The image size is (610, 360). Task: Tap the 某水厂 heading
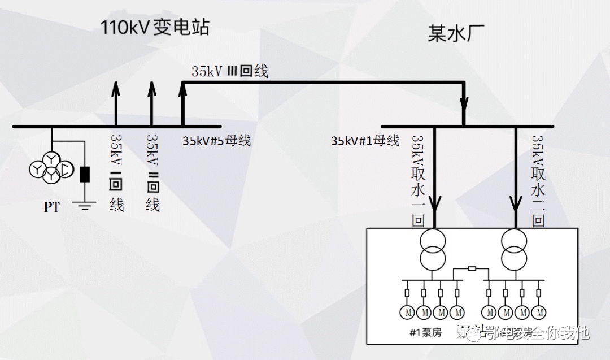[x=449, y=34]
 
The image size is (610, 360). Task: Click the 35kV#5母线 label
[x=216, y=141]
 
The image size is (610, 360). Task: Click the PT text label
[x=51, y=207]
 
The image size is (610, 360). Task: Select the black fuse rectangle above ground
[x=85, y=175]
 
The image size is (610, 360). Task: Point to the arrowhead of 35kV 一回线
[x=116, y=88]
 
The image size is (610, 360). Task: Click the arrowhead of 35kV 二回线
[x=151, y=88]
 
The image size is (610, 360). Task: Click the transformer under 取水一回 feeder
[x=433, y=249]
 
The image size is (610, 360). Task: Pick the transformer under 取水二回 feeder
[x=514, y=249]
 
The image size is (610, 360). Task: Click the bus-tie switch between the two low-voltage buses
[x=472, y=269]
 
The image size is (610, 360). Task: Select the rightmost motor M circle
[x=539, y=312]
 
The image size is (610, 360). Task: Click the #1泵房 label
[x=426, y=332]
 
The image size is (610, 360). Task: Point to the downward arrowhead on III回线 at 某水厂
[x=464, y=104]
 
